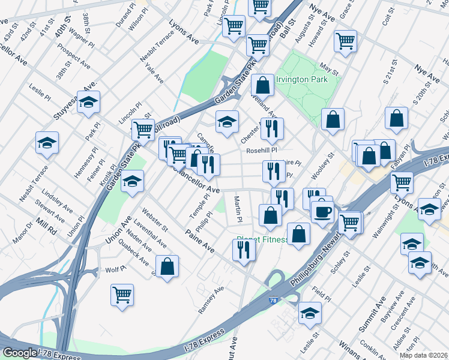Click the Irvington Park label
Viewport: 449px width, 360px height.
pos(301,80)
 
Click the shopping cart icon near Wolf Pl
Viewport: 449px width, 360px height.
pos(122,295)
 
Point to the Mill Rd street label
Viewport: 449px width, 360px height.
pos(45,225)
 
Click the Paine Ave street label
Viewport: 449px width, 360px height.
pos(200,239)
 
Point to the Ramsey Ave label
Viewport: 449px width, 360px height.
pos(211,298)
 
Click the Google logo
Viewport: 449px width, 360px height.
pos(19,353)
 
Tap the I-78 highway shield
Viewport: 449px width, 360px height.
pos(273,300)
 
